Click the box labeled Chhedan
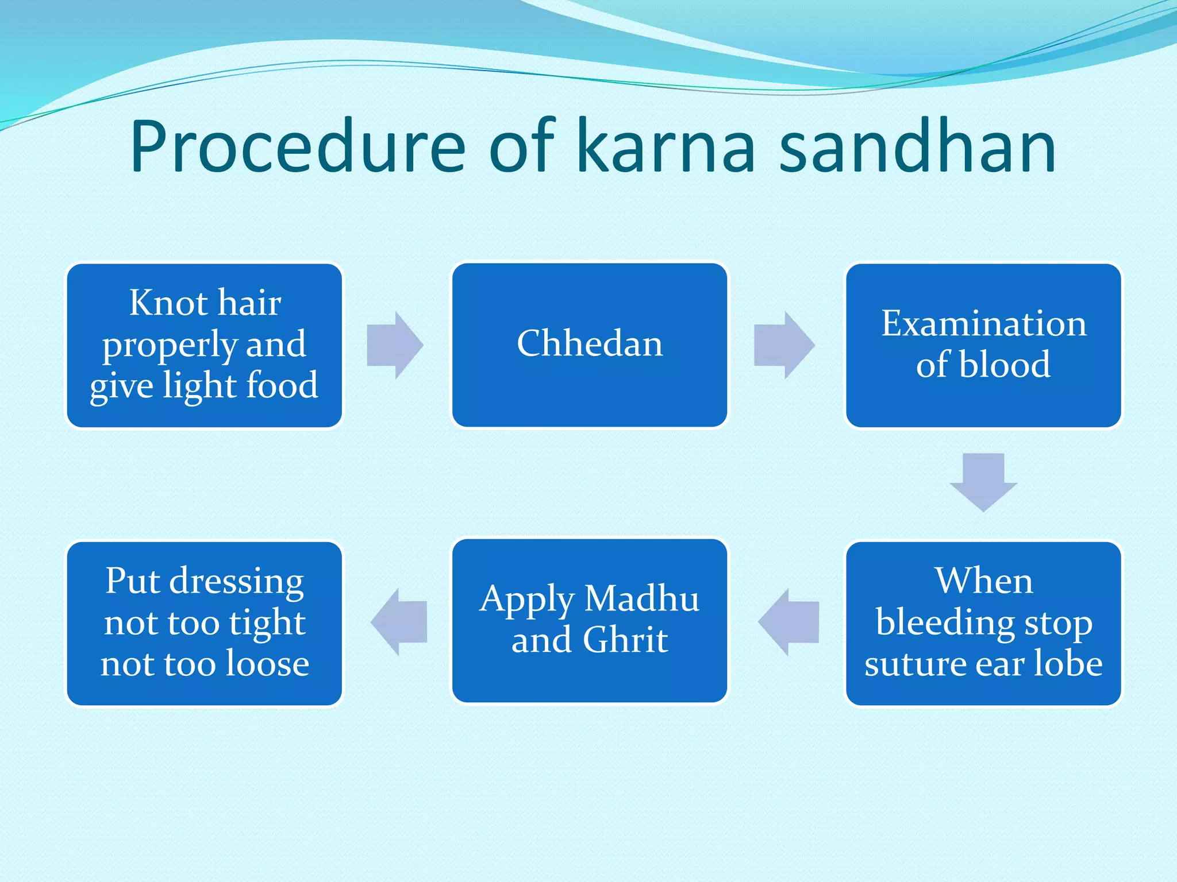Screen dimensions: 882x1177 click(x=589, y=345)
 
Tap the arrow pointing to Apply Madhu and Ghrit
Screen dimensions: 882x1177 click(x=788, y=622)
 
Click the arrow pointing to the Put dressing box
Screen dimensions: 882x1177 click(x=399, y=622)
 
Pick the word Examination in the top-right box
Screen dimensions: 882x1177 click(x=983, y=323)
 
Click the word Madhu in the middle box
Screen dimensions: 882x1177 click(x=641, y=599)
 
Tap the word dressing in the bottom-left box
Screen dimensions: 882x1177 click(x=237, y=582)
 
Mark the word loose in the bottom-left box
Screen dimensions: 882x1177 click(x=268, y=664)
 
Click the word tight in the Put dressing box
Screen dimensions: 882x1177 click(x=267, y=623)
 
